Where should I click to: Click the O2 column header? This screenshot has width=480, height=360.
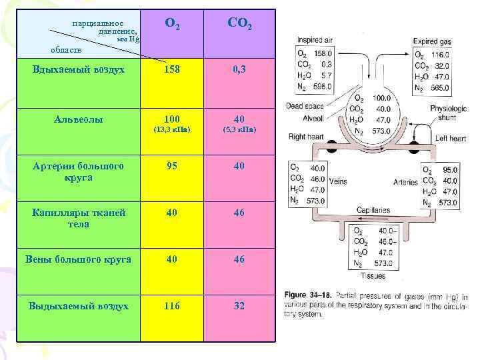tap(172, 25)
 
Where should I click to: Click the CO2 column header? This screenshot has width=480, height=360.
tap(239, 25)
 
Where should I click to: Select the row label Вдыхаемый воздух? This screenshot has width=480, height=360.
tap(79, 69)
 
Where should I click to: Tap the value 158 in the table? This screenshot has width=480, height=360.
tap(172, 69)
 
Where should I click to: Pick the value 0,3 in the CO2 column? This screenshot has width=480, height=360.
tap(239, 69)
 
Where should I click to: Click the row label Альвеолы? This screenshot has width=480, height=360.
tap(79, 119)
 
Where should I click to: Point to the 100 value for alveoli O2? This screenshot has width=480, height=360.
tap(172, 119)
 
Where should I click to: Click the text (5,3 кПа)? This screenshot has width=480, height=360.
tap(239, 130)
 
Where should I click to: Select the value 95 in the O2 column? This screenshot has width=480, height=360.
tap(172, 166)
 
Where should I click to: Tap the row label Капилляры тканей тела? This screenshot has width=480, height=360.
tap(79, 218)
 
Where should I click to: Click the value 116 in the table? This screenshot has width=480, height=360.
tap(172, 306)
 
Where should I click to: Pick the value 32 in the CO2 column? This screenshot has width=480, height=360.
tap(239, 306)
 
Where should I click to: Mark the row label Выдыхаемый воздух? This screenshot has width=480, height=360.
tap(79, 306)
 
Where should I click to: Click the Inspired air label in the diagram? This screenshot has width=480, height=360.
tap(314, 41)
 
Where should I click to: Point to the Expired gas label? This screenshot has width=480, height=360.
tap(432, 41)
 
